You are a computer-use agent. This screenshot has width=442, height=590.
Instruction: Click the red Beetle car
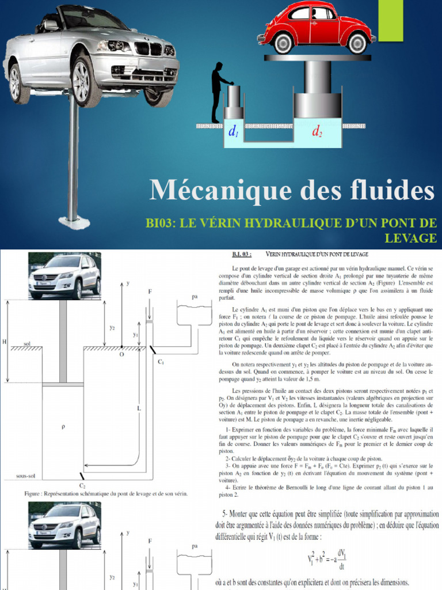[316, 27]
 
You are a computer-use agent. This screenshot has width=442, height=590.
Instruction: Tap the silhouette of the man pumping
[218, 92]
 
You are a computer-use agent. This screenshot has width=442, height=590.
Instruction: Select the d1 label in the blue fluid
[234, 133]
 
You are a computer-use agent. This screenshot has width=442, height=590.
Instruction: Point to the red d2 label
[317, 133]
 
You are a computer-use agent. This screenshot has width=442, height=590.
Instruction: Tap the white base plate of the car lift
[73, 220]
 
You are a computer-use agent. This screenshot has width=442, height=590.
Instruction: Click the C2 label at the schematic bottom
[82, 486]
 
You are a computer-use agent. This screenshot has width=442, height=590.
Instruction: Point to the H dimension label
[5, 342]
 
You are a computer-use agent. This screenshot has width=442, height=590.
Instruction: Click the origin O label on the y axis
[121, 355]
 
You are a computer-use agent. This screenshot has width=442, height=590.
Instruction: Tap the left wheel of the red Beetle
[283, 42]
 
